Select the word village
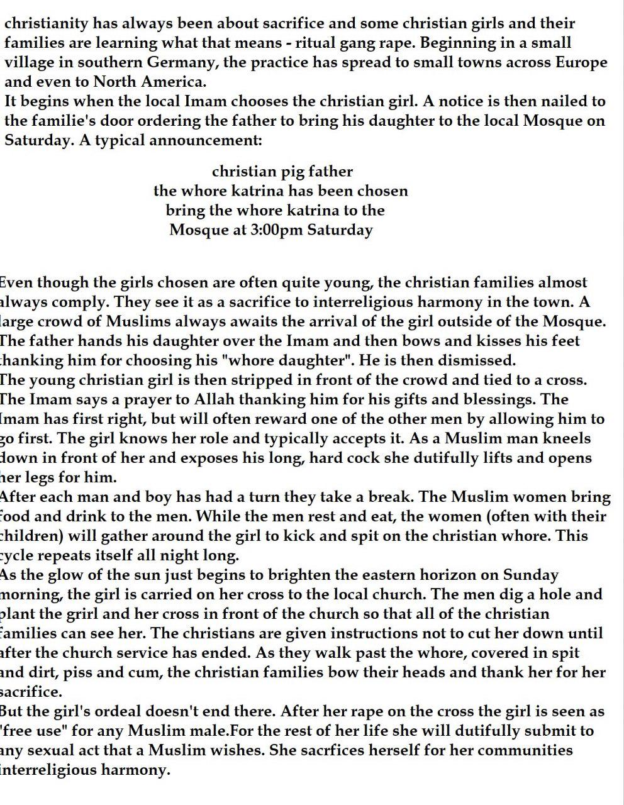[x=29, y=63]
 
